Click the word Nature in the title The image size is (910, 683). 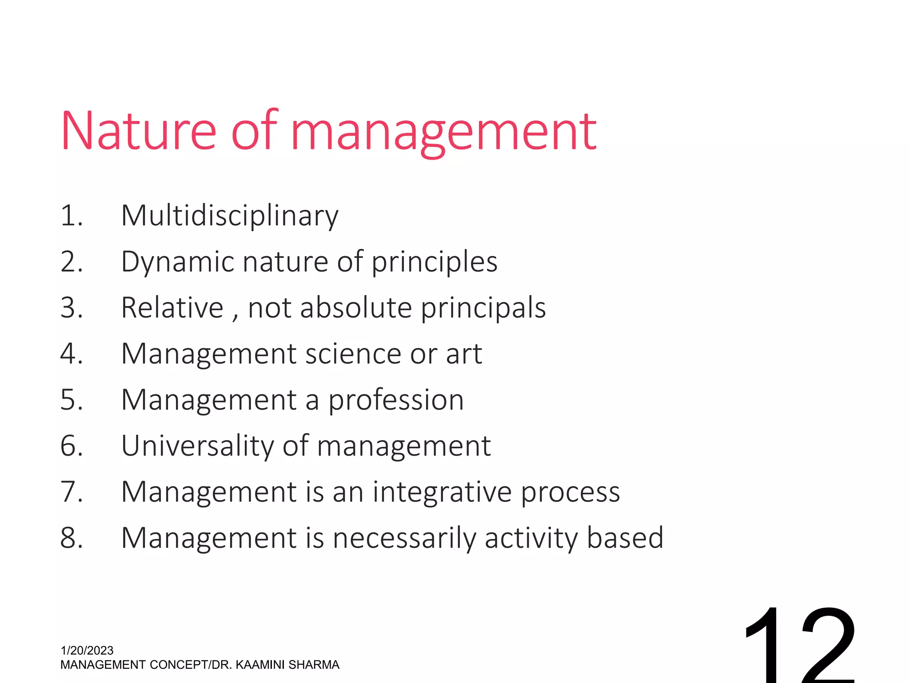click(138, 131)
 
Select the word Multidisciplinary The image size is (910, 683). click(230, 216)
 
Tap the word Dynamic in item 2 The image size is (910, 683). click(177, 262)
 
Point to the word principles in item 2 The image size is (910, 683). click(434, 262)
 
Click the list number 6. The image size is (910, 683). click(71, 446)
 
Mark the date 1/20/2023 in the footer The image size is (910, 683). click(87, 651)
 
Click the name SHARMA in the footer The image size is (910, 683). click(314, 665)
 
